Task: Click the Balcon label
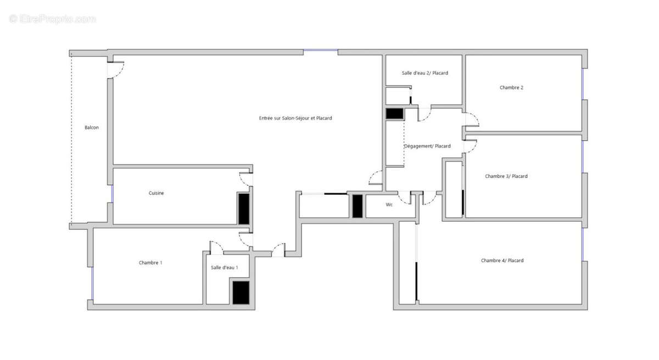tap(92, 128)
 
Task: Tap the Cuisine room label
tap(156, 193)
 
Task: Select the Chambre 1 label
tap(150, 263)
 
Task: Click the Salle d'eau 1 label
tap(224, 267)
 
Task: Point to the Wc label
tap(389, 205)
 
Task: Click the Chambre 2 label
tap(511, 88)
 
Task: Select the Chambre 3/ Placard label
tap(506, 177)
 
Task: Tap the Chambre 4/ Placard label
tap(502, 261)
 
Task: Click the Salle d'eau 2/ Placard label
tap(425, 73)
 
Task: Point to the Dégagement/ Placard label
tap(427, 146)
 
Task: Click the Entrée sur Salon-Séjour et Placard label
tap(295, 119)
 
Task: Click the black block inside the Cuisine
tap(243, 208)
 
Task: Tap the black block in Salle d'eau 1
tap(241, 292)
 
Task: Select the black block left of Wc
tap(357, 206)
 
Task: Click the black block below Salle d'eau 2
tap(394, 114)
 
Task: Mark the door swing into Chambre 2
tap(471, 120)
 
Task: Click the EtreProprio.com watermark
tap(53, 19)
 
